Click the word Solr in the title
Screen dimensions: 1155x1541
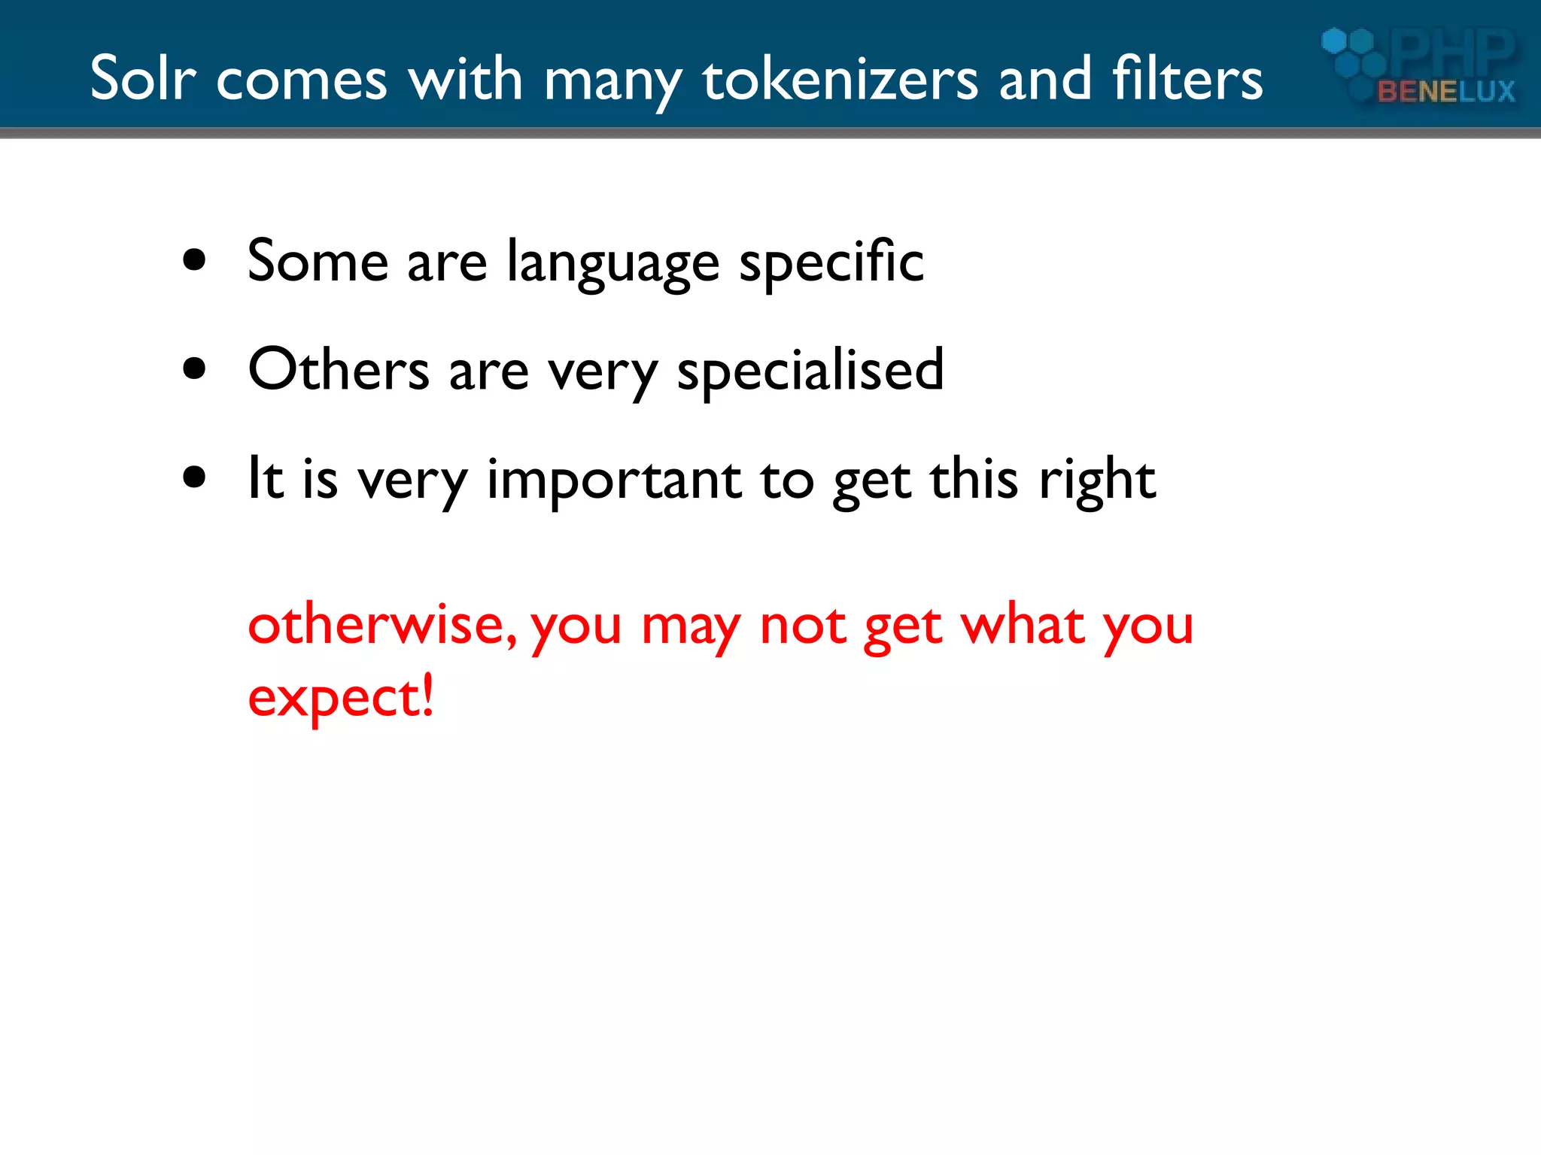click(x=143, y=78)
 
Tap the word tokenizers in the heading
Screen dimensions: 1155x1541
click(x=840, y=78)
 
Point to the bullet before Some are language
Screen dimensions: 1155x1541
click(x=194, y=260)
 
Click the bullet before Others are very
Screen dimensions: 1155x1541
click(x=194, y=368)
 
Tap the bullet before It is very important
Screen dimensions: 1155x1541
click(x=194, y=477)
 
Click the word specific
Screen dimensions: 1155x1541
click(x=831, y=262)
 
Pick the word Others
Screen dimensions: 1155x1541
click(x=339, y=370)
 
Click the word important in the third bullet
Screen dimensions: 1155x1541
click(x=614, y=480)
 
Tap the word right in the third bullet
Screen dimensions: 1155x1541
click(x=1097, y=480)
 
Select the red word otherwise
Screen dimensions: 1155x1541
click(x=382, y=624)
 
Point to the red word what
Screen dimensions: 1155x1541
click(x=1023, y=624)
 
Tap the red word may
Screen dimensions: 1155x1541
click(x=691, y=626)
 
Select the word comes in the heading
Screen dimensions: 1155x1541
click(x=301, y=80)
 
